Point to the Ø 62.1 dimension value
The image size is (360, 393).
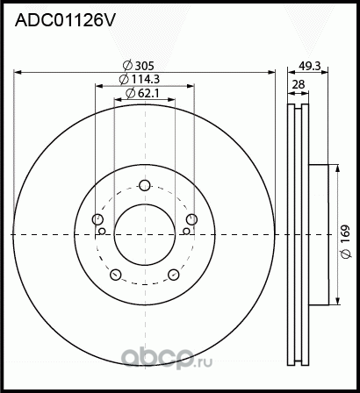pyautogui.click(x=143, y=92)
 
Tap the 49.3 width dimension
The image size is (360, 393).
pyautogui.click(x=309, y=66)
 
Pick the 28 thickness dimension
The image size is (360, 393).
pyautogui.click(x=298, y=84)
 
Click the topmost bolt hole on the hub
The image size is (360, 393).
pyautogui.click(x=145, y=184)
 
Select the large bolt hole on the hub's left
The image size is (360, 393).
pyautogui.click(x=97, y=219)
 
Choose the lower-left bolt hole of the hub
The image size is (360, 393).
pyautogui.click(x=115, y=275)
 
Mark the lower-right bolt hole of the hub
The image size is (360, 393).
pyautogui.click(x=174, y=275)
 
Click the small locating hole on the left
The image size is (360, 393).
pyautogui.click(x=103, y=232)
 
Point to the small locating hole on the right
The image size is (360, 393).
pyautogui.click(x=186, y=232)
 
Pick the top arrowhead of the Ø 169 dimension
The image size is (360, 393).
pyautogui.click(x=335, y=167)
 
